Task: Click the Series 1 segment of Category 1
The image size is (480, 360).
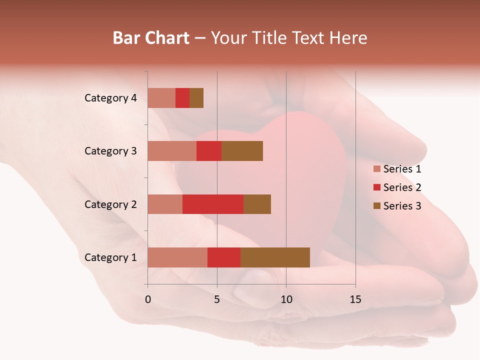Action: [x=177, y=257]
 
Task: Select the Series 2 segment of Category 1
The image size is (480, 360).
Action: [x=224, y=257]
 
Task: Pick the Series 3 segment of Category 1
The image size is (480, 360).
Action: [x=275, y=257]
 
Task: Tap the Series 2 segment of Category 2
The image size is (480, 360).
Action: [x=213, y=204]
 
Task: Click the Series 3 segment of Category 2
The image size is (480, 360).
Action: [x=257, y=204]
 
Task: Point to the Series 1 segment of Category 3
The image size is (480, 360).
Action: [x=172, y=151]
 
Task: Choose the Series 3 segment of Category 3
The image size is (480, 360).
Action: [x=242, y=151]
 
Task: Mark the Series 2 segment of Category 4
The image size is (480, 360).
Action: [x=182, y=98]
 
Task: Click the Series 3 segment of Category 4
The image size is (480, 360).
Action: [x=196, y=98]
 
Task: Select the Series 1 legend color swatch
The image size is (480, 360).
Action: [x=377, y=169]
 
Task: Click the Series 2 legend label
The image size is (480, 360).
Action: [x=402, y=187]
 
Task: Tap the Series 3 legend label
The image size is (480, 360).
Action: [x=402, y=206]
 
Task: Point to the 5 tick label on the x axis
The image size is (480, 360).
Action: [x=217, y=299]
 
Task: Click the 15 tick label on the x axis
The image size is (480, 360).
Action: [x=355, y=299]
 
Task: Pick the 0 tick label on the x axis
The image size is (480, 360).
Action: [x=148, y=299]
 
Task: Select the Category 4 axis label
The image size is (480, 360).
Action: [x=110, y=98]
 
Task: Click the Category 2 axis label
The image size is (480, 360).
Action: [x=110, y=204]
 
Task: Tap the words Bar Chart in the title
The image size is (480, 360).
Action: [x=151, y=38]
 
